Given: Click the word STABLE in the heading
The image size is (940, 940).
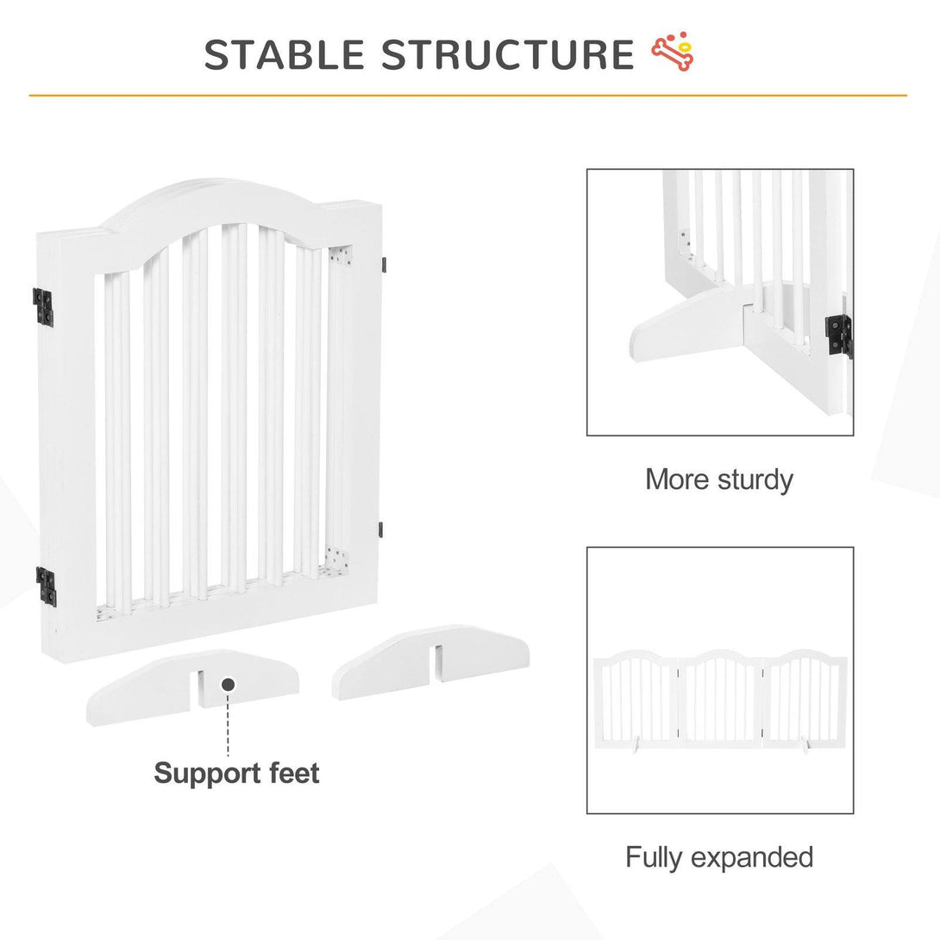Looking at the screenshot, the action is point(285,54).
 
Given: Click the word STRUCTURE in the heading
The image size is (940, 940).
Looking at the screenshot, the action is point(508,54).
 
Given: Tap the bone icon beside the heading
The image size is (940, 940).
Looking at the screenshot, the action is point(673,52).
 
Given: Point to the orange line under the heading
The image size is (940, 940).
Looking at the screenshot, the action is point(467,96).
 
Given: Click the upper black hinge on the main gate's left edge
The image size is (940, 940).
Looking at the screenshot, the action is point(42,307).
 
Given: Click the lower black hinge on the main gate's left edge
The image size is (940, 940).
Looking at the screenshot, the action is point(46,585).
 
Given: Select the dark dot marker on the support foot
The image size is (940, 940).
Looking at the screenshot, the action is point(228,684).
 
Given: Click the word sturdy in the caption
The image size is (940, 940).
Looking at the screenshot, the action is point(755,480).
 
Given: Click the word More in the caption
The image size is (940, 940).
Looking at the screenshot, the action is point(677,479).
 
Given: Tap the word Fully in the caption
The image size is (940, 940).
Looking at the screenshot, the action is point(654,857).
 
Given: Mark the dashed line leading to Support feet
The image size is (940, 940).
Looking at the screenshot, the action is point(228,724).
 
